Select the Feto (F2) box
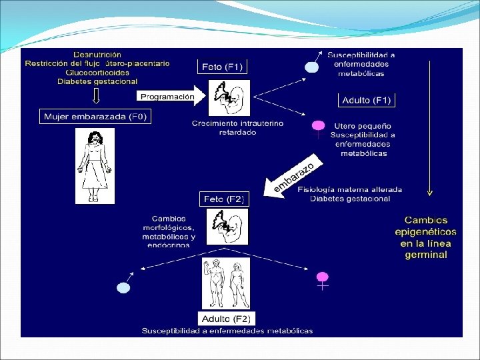223,199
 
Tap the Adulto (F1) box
367,101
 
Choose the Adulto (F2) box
227,318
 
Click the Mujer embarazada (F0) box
95,117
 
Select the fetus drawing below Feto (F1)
228,98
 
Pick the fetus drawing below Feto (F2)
228,227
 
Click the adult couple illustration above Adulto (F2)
227,283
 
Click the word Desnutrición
97,53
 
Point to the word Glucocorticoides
97,72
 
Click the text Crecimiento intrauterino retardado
228,128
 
